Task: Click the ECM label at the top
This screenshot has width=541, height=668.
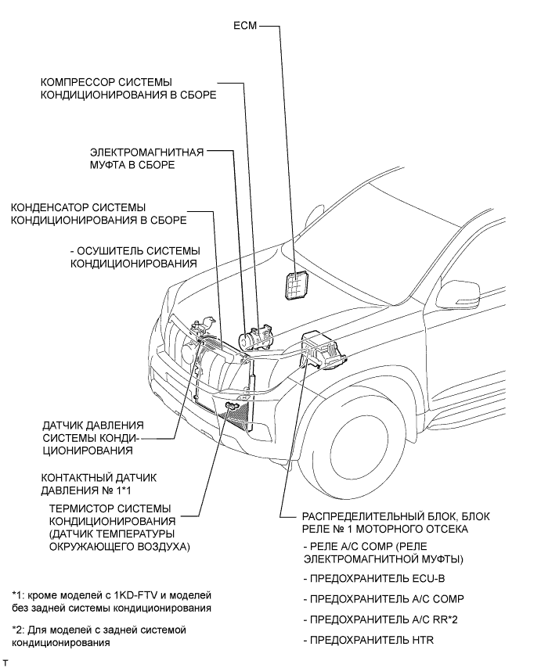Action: tap(245, 26)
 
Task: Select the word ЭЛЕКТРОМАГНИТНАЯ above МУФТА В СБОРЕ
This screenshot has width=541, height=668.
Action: tap(146, 152)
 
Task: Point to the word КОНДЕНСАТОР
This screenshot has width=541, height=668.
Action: tap(50, 207)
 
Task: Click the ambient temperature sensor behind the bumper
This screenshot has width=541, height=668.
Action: tap(233, 405)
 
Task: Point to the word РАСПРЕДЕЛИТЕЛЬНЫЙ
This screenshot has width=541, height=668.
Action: tap(362, 516)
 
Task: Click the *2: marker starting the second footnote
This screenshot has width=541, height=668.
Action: tap(17, 630)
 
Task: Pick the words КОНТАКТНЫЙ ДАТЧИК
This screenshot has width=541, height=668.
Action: tap(99, 478)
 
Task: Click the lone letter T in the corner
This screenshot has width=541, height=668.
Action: tap(5, 663)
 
